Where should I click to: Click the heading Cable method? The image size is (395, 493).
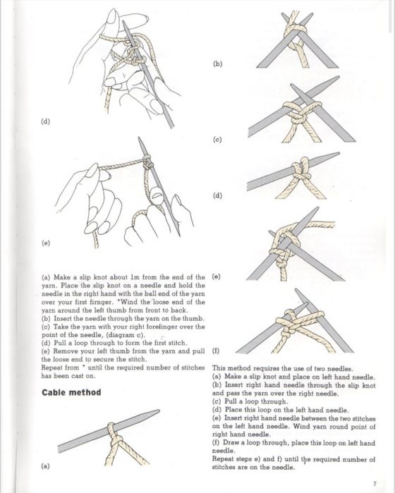(x=71, y=392)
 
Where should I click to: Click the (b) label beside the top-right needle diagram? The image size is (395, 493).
(x=217, y=63)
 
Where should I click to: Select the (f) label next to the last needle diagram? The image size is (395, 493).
(x=216, y=351)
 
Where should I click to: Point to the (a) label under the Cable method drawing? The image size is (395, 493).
(x=46, y=466)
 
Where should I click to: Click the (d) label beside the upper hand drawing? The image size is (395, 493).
(x=46, y=121)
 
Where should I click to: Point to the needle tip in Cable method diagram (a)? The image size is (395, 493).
(x=159, y=410)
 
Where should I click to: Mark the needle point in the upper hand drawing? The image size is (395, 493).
(x=123, y=22)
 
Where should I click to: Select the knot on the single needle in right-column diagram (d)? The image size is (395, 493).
(x=301, y=171)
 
